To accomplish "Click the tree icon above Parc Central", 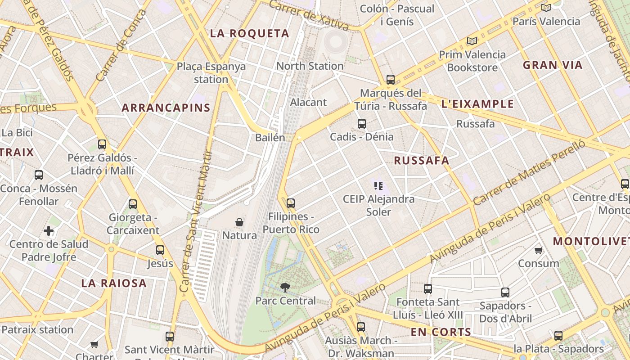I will (285, 287).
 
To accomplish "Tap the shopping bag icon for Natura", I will (239, 222).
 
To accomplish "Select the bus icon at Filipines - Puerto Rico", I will (291, 203).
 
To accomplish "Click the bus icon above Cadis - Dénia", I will (361, 124).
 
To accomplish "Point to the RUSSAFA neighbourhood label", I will (421, 161).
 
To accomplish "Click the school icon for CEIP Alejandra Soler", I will (378, 185).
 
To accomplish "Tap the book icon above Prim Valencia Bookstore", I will (472, 41).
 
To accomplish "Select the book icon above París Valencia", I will (546, 8).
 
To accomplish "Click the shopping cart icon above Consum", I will (538, 250).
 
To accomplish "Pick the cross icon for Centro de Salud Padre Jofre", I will (49, 231).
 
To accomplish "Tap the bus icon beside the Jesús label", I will (160, 250).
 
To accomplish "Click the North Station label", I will (310, 66).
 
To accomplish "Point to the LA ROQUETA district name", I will (249, 33).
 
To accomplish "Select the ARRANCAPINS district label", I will (166, 108).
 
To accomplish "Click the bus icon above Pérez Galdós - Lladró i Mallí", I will (102, 144).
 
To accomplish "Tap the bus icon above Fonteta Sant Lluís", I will (427, 289).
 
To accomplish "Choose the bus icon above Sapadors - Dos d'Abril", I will (505, 292).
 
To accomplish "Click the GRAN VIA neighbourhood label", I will (553, 65).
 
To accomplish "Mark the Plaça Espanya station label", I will (211, 73).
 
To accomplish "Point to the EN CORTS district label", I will (441, 333).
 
